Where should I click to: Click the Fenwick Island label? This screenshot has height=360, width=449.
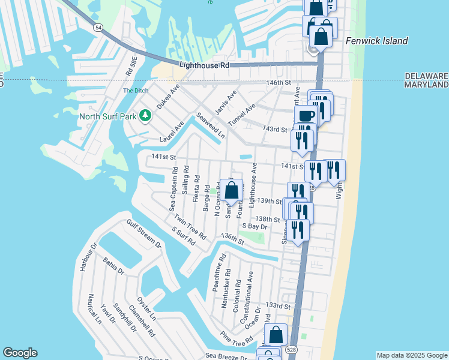click(377, 41)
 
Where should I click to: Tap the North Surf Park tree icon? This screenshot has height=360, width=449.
click(145, 115)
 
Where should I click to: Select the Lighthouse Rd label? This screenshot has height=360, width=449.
click(204, 65)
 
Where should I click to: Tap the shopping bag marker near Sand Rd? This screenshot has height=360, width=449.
click(232, 191)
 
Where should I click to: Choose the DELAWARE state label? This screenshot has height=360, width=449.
click(426, 76)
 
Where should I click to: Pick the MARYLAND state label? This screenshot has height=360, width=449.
click(426, 85)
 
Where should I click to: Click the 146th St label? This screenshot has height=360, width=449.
click(279, 82)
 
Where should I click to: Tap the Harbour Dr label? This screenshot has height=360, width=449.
click(84, 256)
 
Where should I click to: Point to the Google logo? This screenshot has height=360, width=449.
click(20, 353)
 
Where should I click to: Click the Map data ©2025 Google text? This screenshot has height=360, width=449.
click(412, 355)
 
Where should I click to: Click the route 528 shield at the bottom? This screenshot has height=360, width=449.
click(292, 349)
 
